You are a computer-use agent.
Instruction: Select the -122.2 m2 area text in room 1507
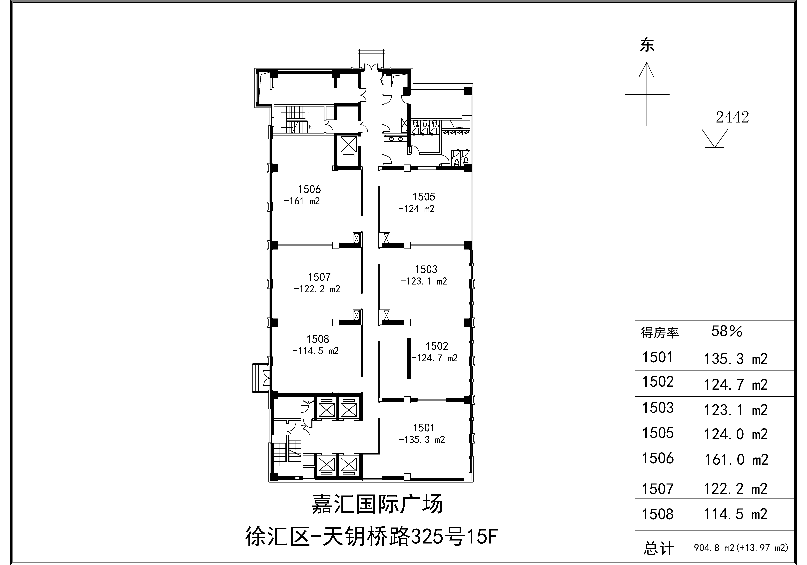317,289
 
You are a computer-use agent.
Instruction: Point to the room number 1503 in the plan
426,270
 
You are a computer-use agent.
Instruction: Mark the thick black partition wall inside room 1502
409,358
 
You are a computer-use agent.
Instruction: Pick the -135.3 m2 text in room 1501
422,440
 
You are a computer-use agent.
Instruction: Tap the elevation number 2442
733,117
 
